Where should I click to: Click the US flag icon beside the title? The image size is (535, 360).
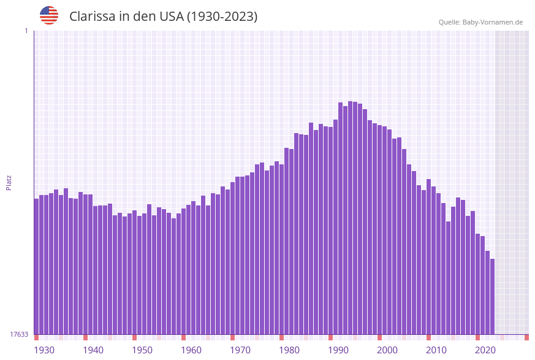(49, 15)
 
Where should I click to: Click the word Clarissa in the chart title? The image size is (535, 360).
(92, 17)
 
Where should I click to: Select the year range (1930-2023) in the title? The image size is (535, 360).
(222, 17)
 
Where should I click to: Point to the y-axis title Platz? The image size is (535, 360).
(9, 182)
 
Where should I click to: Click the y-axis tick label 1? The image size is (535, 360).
(26, 31)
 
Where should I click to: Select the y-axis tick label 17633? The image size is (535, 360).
(19, 334)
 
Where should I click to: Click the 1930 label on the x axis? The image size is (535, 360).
(44, 350)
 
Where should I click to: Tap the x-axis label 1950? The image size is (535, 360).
(142, 350)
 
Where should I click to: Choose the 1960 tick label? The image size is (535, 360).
(191, 350)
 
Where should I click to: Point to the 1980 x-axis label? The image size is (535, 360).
(289, 350)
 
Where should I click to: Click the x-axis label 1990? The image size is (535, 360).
(338, 350)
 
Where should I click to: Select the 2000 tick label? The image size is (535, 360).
(387, 350)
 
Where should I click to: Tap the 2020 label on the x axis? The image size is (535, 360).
(485, 350)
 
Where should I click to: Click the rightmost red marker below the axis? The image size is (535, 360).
(526, 337)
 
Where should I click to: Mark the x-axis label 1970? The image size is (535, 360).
(240, 350)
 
